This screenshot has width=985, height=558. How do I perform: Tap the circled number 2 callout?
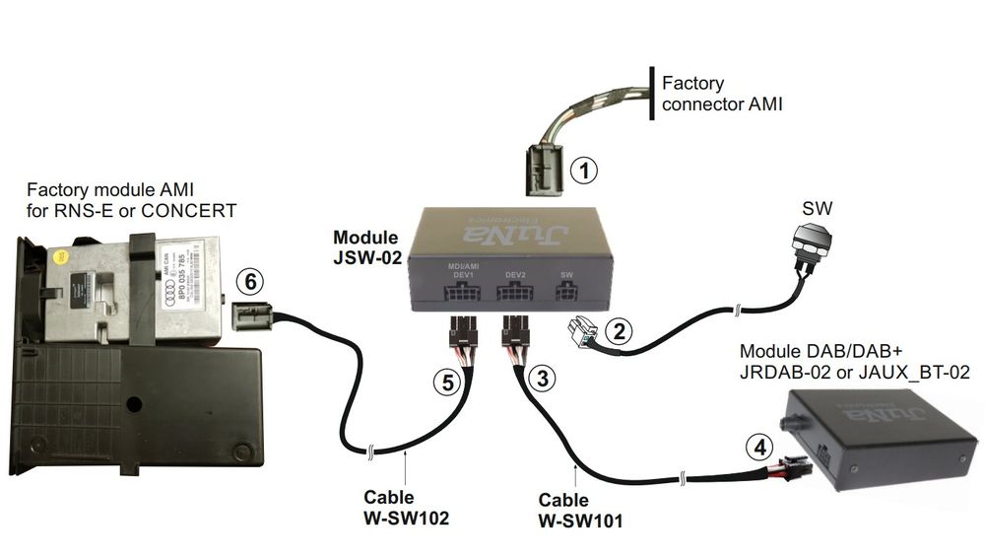pyautogui.click(x=618, y=332)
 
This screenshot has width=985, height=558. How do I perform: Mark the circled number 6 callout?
pyautogui.click(x=251, y=282)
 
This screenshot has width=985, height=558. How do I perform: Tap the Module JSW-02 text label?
pyautogui.click(x=366, y=247)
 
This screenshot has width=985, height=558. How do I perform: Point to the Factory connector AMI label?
pyautogui.click(x=722, y=93)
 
